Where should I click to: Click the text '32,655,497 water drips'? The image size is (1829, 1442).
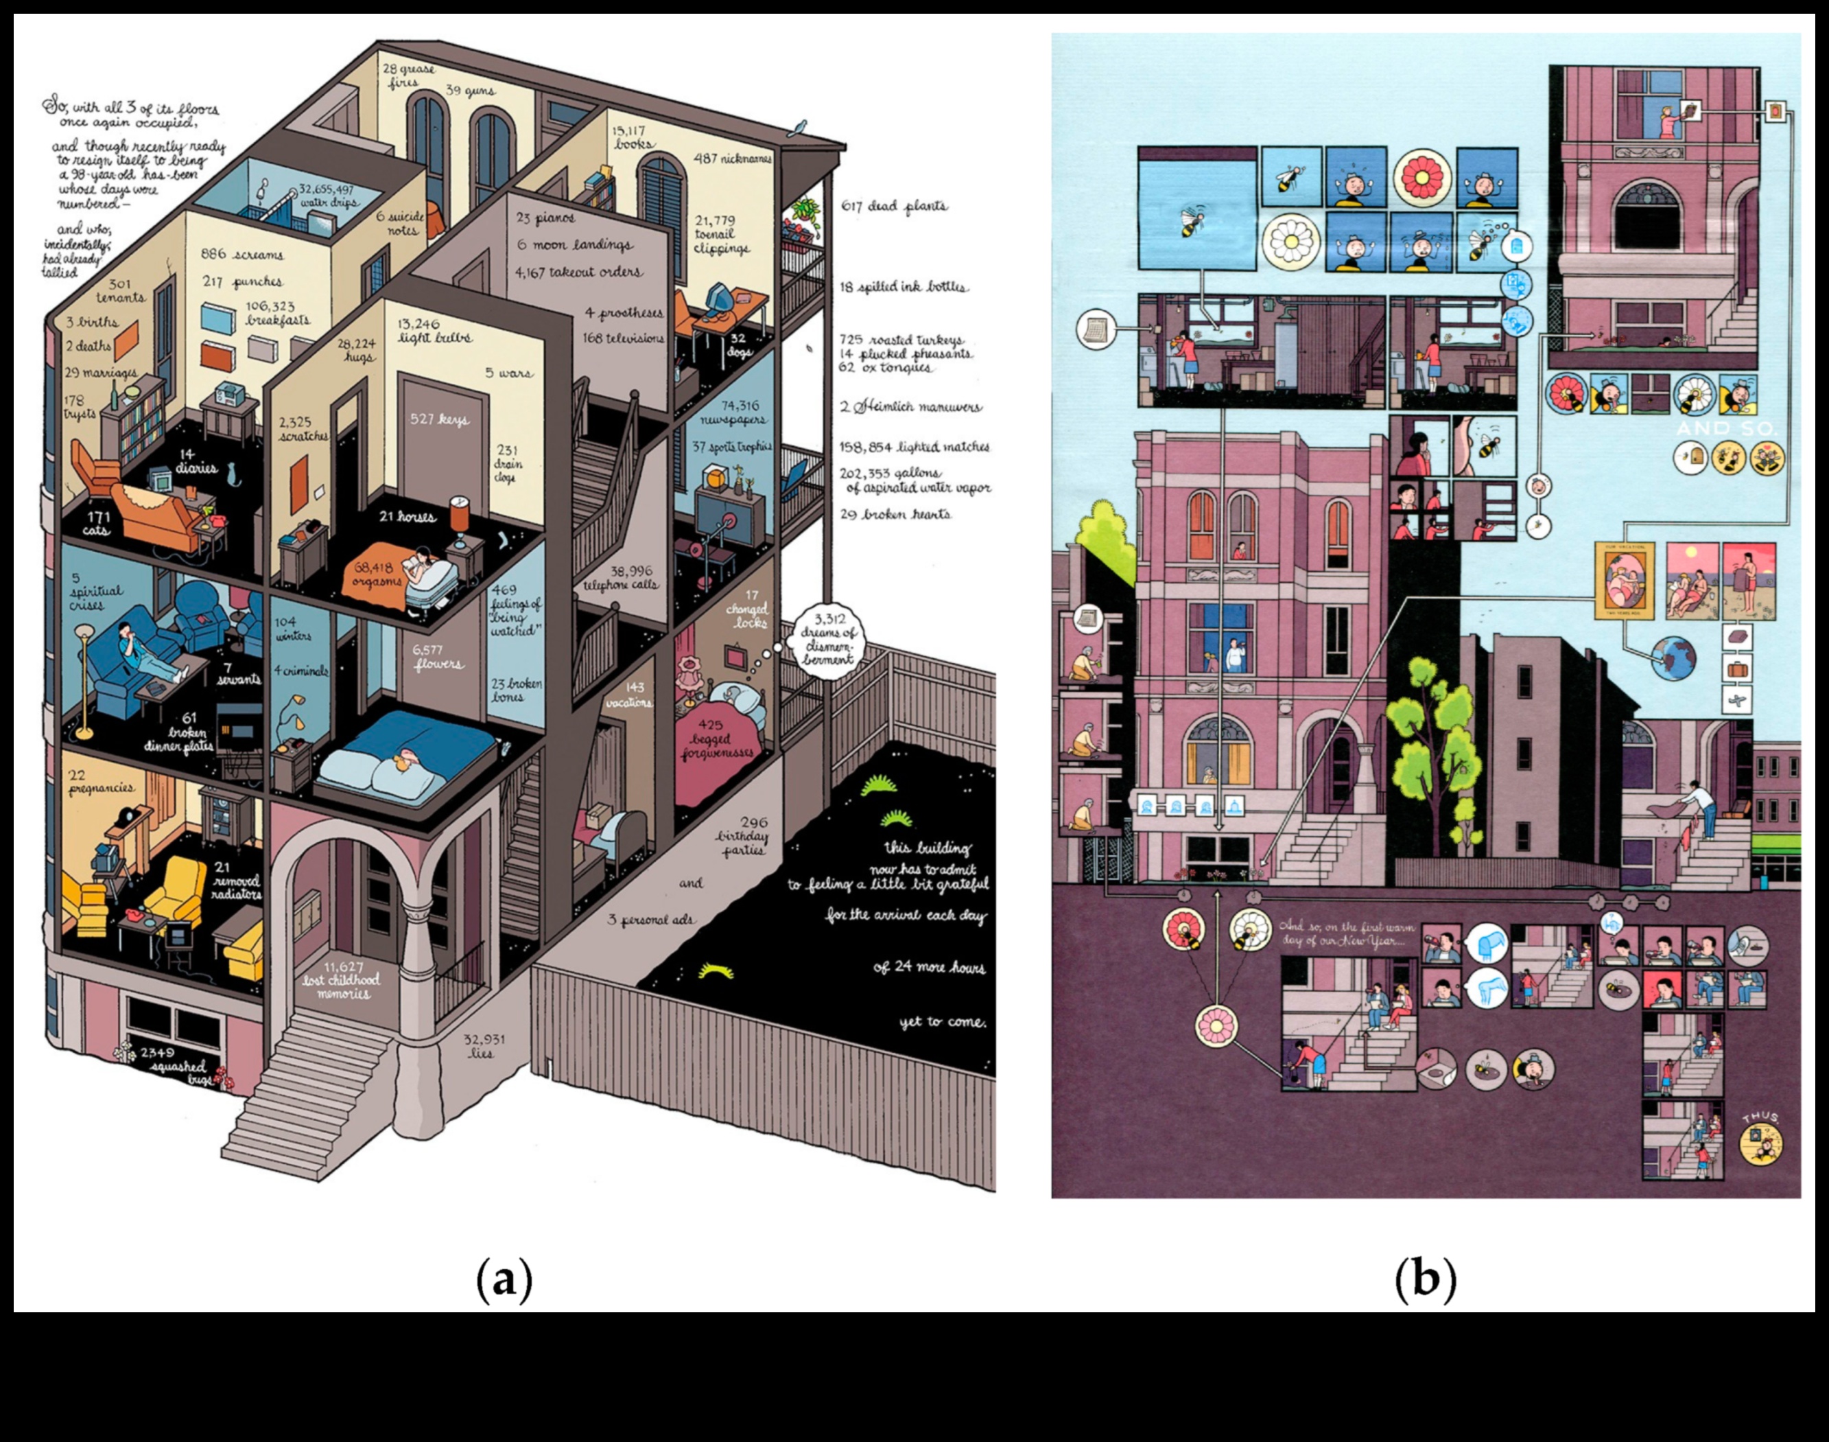[x=326, y=196]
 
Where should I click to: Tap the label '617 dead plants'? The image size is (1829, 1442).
[x=895, y=206]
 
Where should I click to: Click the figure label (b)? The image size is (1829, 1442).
[x=1426, y=1279]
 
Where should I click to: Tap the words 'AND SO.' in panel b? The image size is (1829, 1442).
[x=1726, y=429]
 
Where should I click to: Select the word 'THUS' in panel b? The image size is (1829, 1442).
[x=1760, y=1117]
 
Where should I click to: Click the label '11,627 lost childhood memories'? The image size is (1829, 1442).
[x=342, y=980]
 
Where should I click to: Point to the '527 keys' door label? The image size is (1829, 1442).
[x=439, y=419]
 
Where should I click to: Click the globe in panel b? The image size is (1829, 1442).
[x=1672, y=658]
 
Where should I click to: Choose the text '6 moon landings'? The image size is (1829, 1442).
[x=575, y=245]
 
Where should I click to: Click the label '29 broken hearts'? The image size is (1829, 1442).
[x=895, y=514]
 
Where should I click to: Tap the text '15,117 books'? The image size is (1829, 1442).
[x=630, y=137]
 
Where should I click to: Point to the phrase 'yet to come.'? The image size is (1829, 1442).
[x=942, y=1023]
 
